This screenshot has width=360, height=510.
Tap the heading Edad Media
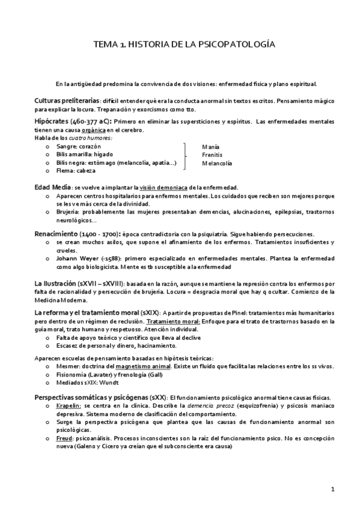52,187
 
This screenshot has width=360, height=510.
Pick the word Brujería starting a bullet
68,212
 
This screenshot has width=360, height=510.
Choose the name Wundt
111,383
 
